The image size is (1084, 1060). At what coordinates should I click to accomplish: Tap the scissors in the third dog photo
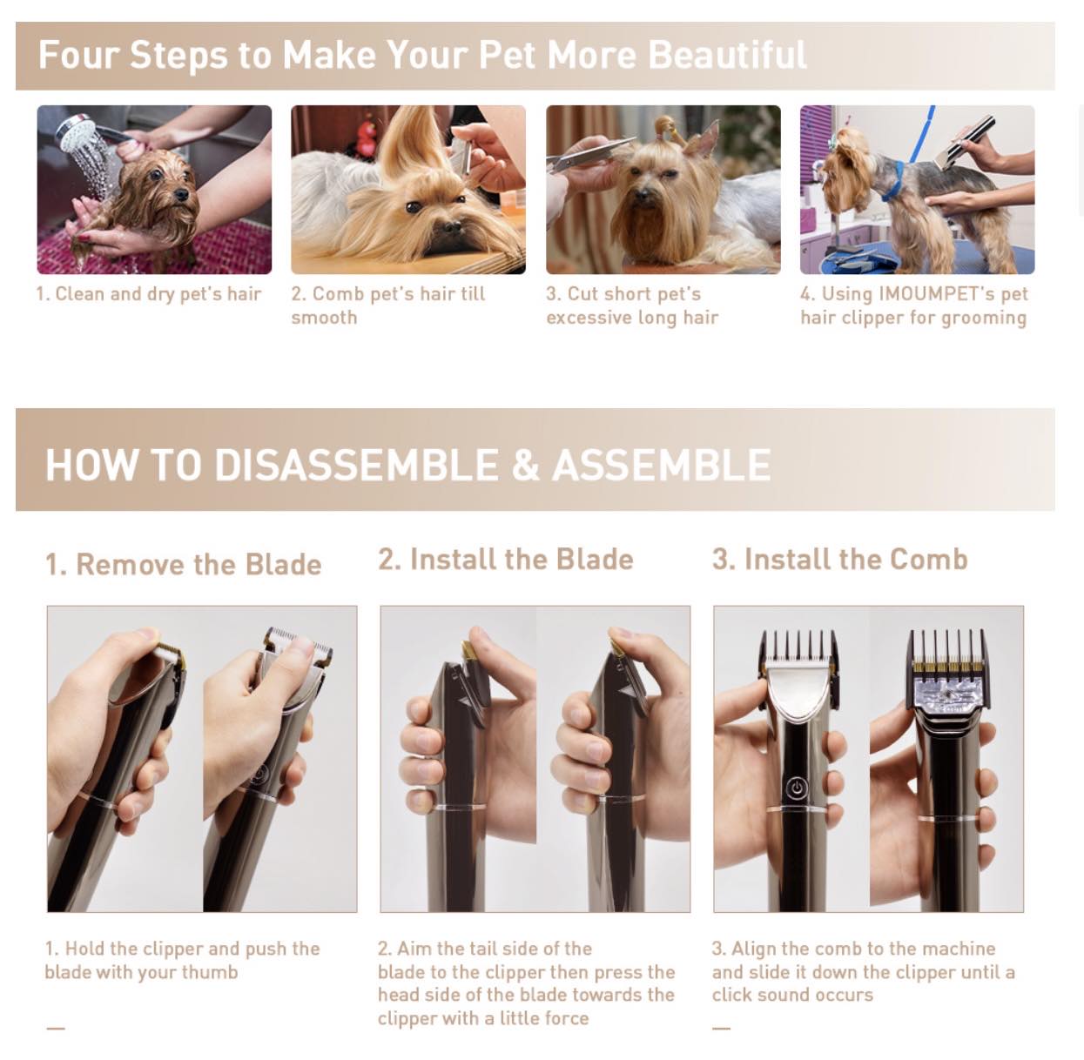coord(591,152)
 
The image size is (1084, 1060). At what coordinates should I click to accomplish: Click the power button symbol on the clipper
coord(798,788)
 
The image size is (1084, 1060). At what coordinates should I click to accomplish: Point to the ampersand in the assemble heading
coord(525,465)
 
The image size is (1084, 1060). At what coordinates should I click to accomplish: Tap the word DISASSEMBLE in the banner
coord(356,465)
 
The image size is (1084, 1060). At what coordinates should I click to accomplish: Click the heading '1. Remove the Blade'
coord(183,565)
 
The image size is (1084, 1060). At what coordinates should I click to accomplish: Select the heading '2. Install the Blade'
coord(506,559)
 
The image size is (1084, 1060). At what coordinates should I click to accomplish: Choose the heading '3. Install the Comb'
coord(840,559)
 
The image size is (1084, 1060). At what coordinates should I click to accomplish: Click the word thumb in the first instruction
coord(210,972)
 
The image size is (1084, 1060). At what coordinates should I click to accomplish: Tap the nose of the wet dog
coord(181,195)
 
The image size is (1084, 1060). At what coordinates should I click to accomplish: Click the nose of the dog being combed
coord(451,226)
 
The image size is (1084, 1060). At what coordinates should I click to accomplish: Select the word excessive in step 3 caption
coord(589,318)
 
